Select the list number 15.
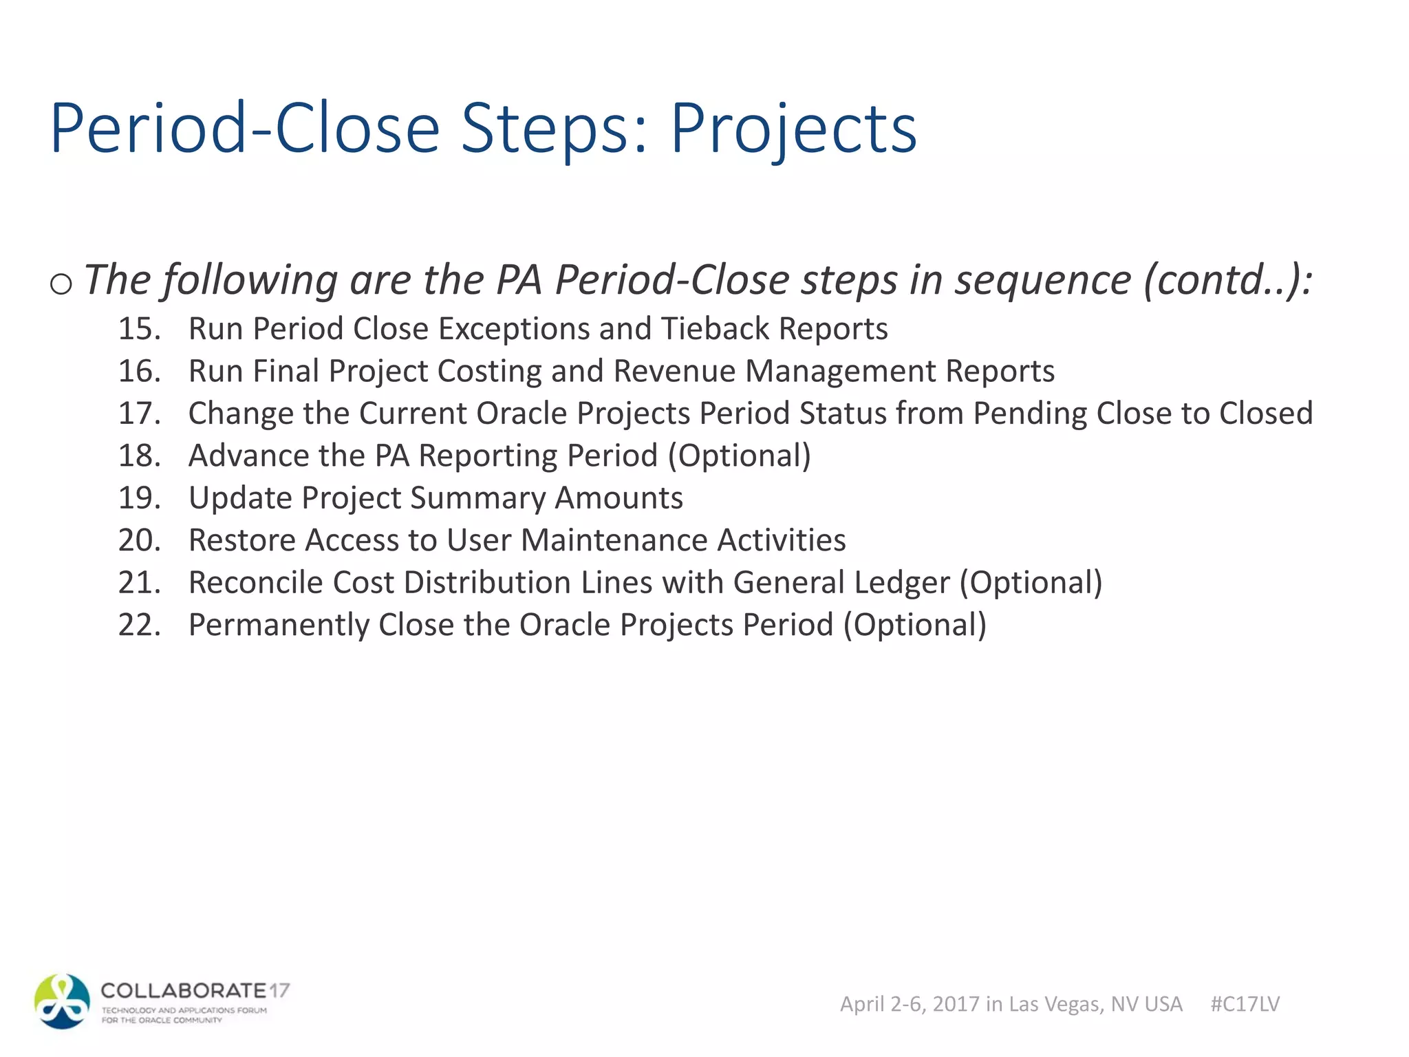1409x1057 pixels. pos(139,329)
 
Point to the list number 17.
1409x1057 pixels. pos(139,414)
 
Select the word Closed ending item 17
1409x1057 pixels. pos(1266,414)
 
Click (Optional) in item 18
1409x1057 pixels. pos(740,456)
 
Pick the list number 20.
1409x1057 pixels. pos(139,540)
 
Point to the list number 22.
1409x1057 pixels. pos(139,626)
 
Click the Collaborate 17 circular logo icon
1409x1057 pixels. pos(62,1001)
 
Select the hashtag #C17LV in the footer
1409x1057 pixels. pos(1245,1004)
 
